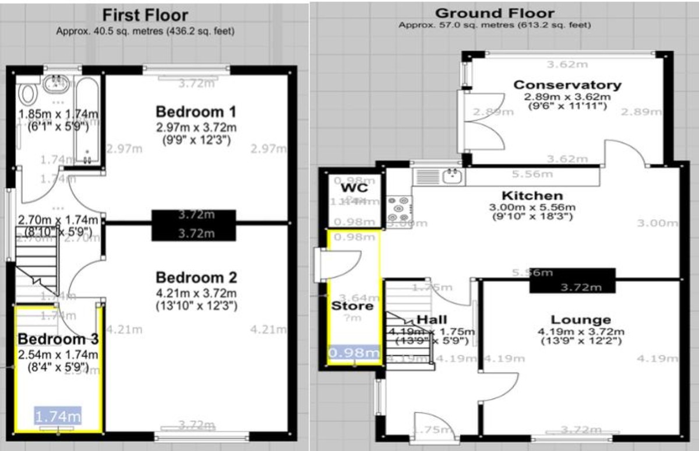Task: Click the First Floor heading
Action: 145,15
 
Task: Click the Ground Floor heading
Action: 495,13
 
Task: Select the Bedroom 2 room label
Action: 196,276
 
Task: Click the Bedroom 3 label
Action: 57,339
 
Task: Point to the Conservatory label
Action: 567,85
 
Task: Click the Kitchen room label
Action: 532,196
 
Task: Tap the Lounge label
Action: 581,319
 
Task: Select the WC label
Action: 352,189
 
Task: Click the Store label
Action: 352,306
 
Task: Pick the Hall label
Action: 432,319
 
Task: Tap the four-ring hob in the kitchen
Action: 399,207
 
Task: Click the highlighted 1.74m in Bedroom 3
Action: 58,416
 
